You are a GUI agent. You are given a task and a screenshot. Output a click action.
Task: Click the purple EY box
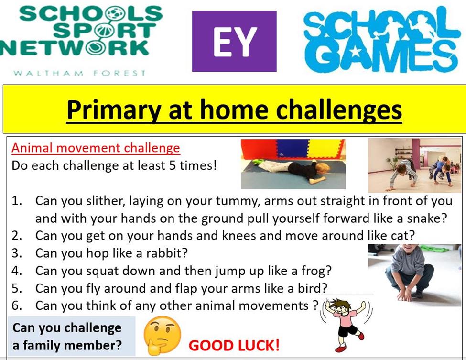[234, 41]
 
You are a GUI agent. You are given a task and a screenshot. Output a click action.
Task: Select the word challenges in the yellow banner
[339, 110]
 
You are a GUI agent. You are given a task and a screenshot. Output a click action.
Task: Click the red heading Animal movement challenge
[96, 148]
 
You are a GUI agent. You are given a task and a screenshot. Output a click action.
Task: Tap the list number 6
[17, 305]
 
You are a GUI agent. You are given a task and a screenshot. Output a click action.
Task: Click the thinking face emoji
[162, 335]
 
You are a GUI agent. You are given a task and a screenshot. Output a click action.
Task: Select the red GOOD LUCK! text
[234, 346]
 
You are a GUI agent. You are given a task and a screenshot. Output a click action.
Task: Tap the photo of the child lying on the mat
[293, 164]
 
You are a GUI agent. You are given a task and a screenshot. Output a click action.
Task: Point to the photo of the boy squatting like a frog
[414, 275]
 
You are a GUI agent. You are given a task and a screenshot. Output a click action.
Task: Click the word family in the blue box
[42, 346]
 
